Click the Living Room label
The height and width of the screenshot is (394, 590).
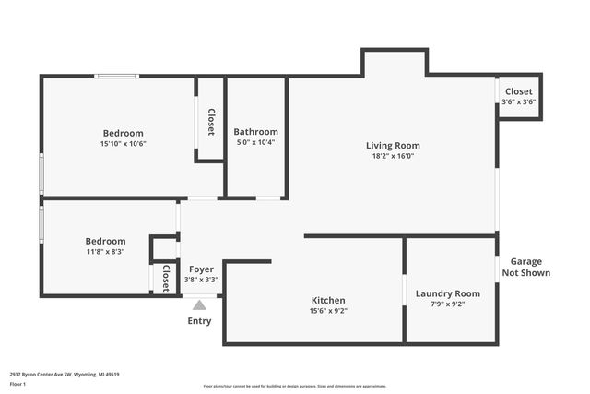click(x=393, y=145)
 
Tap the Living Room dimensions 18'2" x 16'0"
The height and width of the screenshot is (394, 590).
click(x=393, y=156)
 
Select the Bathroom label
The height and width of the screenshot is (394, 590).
click(x=255, y=131)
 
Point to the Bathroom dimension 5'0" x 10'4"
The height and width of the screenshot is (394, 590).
click(x=255, y=142)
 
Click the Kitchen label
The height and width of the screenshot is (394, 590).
click(x=328, y=300)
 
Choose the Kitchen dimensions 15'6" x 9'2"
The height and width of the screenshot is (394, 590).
click(x=328, y=311)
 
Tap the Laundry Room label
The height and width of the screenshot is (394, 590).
click(x=448, y=293)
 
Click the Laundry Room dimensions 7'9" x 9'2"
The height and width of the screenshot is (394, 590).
click(x=448, y=304)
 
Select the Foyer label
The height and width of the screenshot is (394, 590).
click(x=201, y=269)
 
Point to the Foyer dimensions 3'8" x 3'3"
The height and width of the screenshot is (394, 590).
click(x=201, y=280)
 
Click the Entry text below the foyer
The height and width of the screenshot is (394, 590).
click(x=199, y=321)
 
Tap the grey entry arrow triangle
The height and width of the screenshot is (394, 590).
click(x=199, y=304)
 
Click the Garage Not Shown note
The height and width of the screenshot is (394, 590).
click(x=525, y=267)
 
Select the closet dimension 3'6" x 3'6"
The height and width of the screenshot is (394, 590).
click(x=518, y=102)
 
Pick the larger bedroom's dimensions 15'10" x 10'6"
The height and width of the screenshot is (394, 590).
click(x=124, y=144)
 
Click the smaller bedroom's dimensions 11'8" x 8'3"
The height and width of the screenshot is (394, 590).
click(x=105, y=252)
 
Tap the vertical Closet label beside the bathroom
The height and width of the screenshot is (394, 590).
click(x=211, y=122)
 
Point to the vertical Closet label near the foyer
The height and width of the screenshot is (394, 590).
click(x=166, y=278)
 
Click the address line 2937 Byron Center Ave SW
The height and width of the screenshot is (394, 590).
click(x=65, y=374)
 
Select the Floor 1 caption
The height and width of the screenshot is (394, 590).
click(x=18, y=383)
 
